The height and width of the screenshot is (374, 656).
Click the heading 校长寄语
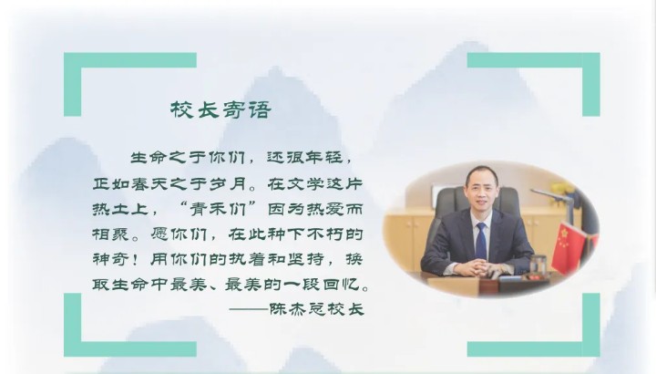click(x=220, y=109)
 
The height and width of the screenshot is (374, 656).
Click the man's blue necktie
click(x=482, y=241)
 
